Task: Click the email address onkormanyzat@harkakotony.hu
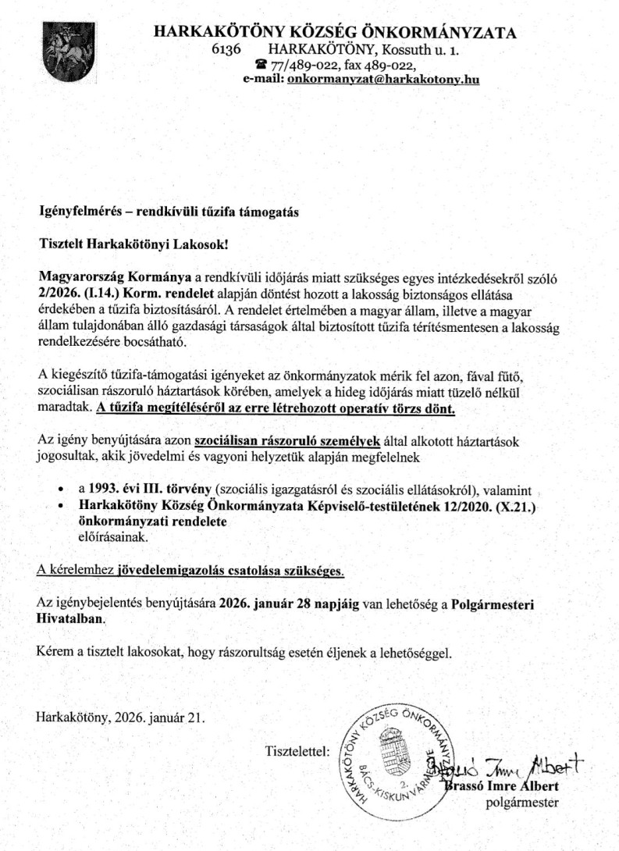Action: [x=382, y=79]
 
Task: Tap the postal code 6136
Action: [x=226, y=49]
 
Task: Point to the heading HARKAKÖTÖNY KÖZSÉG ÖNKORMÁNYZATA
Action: [x=335, y=33]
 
